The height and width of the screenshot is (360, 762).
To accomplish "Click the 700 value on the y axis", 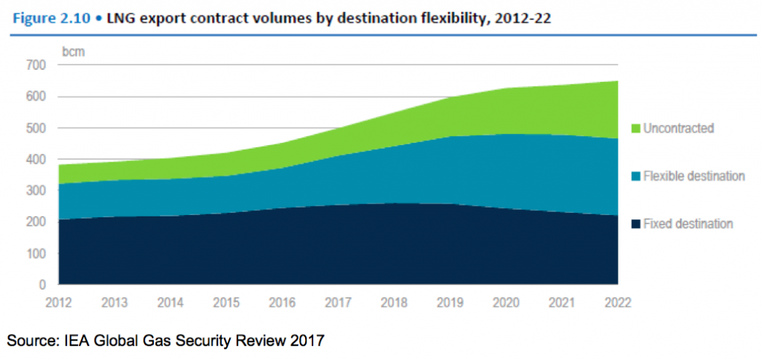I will coord(37,65).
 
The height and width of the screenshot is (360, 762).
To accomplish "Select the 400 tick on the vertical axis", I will coord(37,159).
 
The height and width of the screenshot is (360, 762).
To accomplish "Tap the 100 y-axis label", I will coord(37,254).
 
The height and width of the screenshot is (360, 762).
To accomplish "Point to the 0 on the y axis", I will coord(43,285).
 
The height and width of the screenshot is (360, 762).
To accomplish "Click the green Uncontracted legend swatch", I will coord(635,129).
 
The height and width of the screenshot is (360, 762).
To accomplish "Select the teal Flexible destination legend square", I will coord(635,176).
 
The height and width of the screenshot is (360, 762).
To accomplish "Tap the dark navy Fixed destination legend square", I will coord(635,224).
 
